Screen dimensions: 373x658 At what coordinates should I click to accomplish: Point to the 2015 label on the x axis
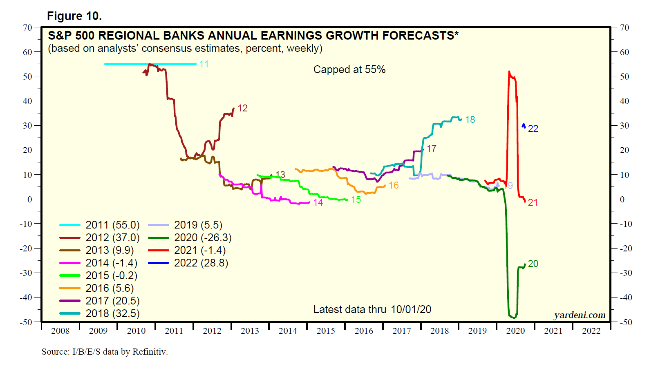pyautogui.click(x=326, y=331)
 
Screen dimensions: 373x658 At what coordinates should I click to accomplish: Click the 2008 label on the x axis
pyautogui.click(x=60, y=331)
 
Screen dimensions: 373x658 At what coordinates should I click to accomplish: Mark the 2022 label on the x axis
pyautogui.click(x=591, y=331)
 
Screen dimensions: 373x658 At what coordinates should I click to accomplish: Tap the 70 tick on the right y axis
pyautogui.click(x=624, y=28)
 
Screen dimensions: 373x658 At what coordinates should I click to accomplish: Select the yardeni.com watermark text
pyautogui.click(x=580, y=315)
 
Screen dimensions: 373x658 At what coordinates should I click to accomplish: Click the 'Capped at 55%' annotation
pyautogui.click(x=349, y=69)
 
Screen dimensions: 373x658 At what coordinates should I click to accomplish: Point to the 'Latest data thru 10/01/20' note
pyautogui.click(x=372, y=309)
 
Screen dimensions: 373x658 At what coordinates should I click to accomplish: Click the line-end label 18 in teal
pyautogui.click(x=470, y=120)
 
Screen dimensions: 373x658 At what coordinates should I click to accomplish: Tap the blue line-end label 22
pyautogui.click(x=533, y=129)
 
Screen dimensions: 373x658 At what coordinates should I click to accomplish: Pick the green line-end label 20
pyautogui.click(x=533, y=264)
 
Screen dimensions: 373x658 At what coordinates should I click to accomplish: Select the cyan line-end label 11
pyautogui.click(x=204, y=64)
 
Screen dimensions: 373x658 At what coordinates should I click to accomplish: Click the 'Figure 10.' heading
pyautogui.click(x=74, y=16)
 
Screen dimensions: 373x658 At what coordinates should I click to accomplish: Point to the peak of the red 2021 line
pyautogui.click(x=509, y=72)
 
